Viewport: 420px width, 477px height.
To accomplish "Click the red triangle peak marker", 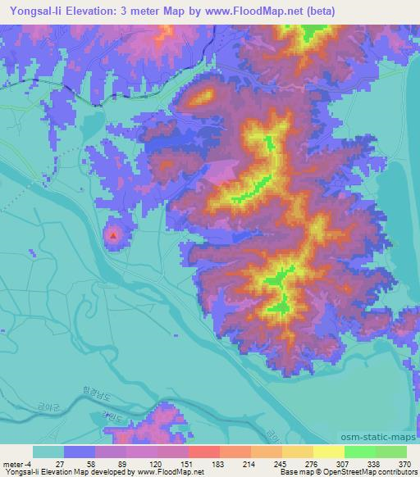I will [113, 236].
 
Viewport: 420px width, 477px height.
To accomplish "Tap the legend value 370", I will [404, 464].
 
